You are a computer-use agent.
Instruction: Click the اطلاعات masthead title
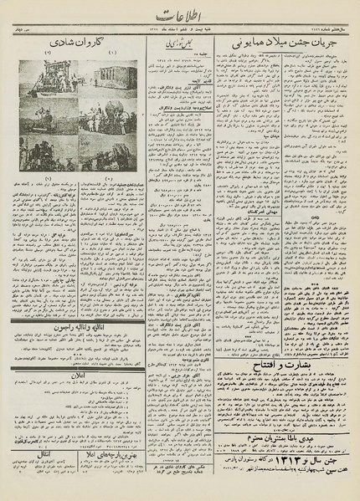[178, 14]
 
